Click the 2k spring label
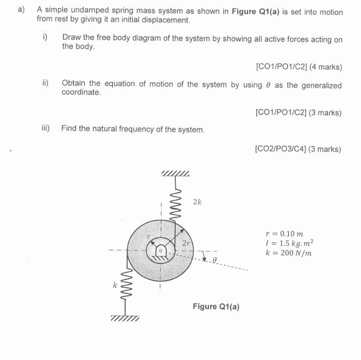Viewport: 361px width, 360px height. coord(197,202)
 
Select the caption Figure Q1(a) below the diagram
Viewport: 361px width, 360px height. coord(216,306)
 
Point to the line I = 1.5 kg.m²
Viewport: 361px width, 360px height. coord(288,242)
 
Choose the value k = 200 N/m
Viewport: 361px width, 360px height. coord(287,252)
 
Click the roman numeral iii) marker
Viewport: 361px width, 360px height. coord(46,129)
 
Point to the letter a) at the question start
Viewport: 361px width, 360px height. coord(21,11)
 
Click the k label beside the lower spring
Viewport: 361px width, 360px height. coord(115,285)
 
